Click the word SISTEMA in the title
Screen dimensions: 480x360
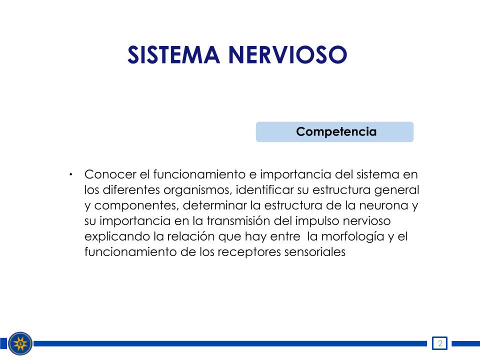pos(173,55)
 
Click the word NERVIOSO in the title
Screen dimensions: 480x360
pos(288,55)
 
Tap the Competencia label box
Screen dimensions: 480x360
pos(334,131)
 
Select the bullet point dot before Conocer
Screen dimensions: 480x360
pos(70,174)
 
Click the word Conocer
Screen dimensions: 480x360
pos(110,174)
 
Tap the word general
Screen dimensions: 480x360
pos(396,190)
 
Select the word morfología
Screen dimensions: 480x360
pos(352,237)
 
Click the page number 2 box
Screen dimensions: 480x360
pos(439,343)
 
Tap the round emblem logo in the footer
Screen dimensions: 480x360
pos(20,343)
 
